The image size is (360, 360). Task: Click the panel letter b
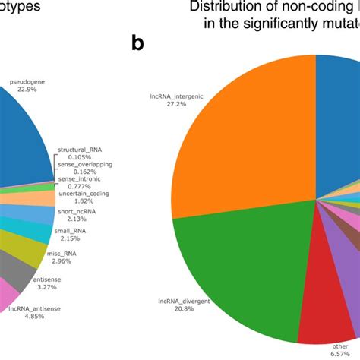(137, 44)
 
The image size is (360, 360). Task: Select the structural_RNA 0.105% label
(79, 153)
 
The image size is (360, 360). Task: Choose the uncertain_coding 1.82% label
(84, 197)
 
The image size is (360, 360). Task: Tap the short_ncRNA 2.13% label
(77, 216)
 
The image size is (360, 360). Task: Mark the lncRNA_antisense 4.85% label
(33, 314)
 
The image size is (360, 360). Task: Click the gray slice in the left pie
(19, 266)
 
